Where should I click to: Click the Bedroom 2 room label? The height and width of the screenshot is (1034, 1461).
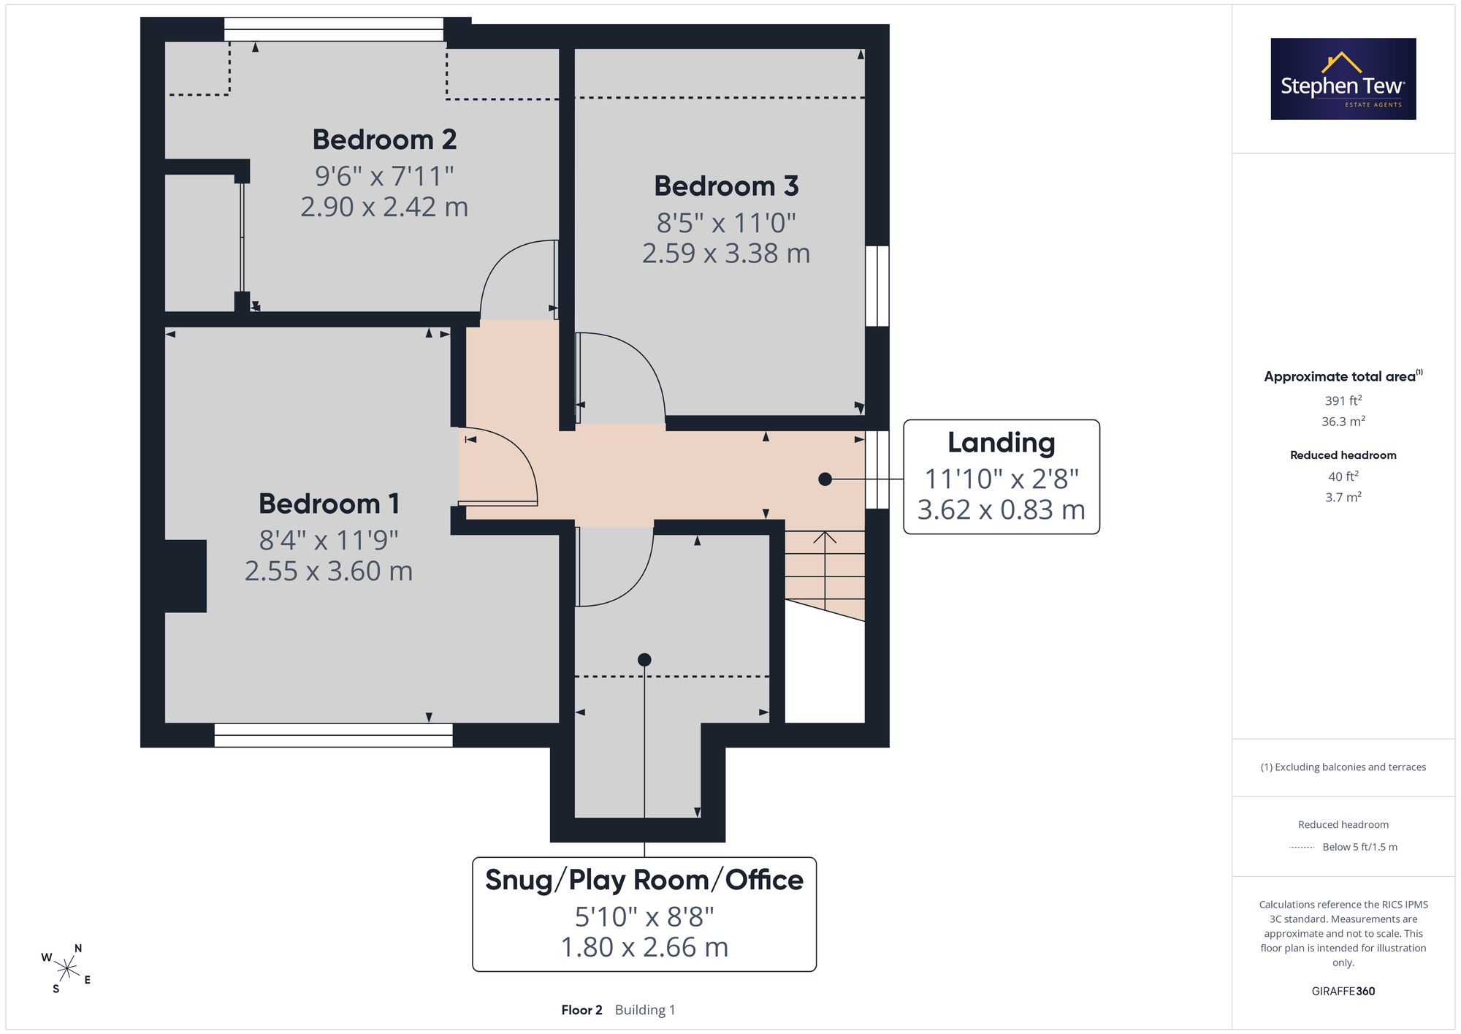click(x=384, y=140)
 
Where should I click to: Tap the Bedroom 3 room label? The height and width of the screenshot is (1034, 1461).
click(x=726, y=186)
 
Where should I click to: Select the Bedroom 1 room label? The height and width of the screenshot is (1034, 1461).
click(x=329, y=503)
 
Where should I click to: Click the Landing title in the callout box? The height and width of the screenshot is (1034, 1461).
click(x=1002, y=443)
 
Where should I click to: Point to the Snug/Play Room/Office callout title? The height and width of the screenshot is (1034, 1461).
click(x=644, y=880)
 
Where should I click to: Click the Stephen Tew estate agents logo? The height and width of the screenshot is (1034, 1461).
click(x=1343, y=79)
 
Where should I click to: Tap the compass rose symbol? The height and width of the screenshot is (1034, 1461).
click(x=66, y=969)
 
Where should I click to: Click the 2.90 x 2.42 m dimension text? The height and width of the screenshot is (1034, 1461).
click(x=384, y=207)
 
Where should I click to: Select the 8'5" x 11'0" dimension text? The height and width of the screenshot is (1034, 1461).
click(x=726, y=223)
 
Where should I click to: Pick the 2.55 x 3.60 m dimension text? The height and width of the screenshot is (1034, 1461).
click(x=329, y=571)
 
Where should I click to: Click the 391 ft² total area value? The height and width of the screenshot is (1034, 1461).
click(x=1343, y=400)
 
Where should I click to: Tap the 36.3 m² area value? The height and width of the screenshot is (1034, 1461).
click(x=1343, y=421)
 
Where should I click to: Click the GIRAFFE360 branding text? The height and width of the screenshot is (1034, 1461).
click(x=1343, y=991)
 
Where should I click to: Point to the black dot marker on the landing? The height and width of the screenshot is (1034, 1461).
click(x=825, y=479)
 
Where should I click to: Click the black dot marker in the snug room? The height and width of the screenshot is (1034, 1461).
click(x=644, y=660)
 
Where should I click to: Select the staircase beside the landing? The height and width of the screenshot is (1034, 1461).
click(x=825, y=574)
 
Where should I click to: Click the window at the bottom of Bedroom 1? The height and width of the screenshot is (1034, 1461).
click(x=333, y=735)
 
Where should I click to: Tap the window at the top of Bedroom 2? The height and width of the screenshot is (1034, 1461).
click(x=333, y=29)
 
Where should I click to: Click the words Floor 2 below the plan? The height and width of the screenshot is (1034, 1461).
click(x=581, y=1010)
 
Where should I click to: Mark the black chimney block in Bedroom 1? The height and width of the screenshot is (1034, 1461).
click(x=186, y=576)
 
